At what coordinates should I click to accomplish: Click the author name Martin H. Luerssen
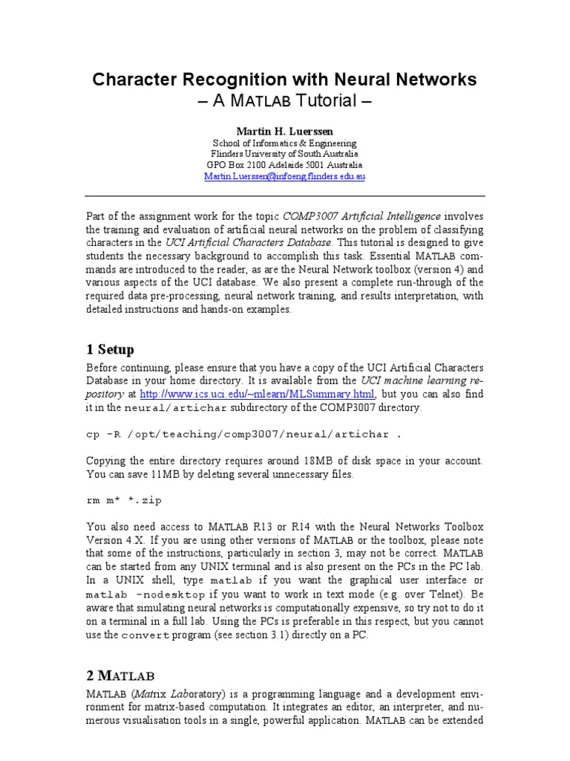284,131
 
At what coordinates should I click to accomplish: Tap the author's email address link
284,177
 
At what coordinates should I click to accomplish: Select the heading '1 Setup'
111,349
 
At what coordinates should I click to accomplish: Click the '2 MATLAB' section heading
121,675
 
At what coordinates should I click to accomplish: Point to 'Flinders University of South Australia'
284,154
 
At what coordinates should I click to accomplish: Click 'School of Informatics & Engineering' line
284,143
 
